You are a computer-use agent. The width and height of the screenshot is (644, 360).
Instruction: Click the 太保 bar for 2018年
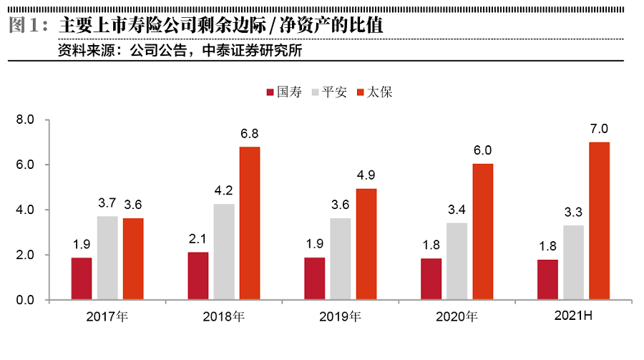(250, 223)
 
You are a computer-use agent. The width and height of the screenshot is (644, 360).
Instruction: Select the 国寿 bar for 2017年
(82, 278)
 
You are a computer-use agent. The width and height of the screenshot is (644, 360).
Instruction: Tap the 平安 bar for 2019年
(340, 259)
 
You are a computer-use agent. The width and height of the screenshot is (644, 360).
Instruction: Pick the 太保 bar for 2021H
(600, 220)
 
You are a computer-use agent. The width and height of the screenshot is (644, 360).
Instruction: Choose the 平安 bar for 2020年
(457, 261)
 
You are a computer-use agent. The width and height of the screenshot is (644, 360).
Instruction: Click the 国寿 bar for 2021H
(547, 280)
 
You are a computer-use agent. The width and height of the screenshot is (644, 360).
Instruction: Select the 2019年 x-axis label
(341, 316)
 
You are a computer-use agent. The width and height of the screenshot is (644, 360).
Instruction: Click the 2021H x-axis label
(574, 315)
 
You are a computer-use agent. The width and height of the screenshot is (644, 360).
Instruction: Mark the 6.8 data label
(250, 134)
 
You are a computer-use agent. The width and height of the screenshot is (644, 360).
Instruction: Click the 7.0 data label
(600, 129)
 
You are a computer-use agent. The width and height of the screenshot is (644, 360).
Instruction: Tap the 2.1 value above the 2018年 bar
(198, 239)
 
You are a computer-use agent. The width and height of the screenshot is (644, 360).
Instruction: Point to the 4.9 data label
(366, 176)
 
